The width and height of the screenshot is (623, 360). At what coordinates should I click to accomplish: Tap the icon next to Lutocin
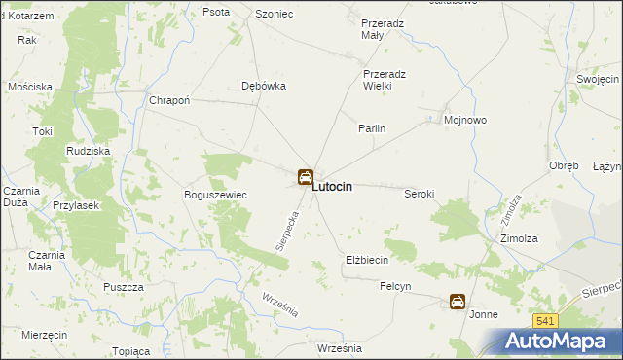pos(305,177)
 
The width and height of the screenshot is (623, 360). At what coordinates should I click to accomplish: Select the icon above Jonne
pos(457,302)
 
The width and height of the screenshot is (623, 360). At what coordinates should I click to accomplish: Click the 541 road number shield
pos(545,321)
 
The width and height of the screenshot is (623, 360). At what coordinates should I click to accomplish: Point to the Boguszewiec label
pos(215,195)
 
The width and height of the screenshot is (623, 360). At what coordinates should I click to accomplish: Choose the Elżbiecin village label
pos(367,260)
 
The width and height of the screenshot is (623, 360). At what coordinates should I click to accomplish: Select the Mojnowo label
pos(464,121)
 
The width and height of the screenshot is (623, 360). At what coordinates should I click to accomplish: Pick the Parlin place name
pos(372,128)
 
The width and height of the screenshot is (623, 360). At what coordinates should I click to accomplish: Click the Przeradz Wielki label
pos(390,80)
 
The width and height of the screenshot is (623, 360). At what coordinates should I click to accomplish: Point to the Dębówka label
pos(263,86)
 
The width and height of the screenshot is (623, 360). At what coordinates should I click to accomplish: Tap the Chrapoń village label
pos(168,100)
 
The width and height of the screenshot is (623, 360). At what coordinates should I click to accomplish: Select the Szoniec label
pos(274,13)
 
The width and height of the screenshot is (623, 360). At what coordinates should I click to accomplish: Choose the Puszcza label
pos(124,287)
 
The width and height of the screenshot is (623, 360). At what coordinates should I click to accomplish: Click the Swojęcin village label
pos(598,79)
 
